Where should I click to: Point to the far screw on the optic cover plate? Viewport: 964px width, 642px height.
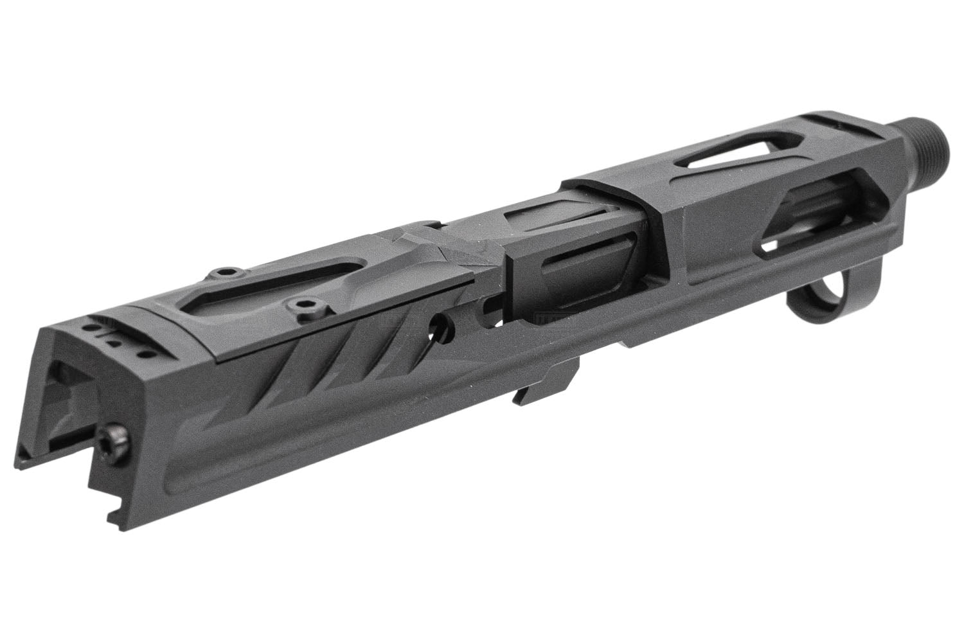point(220,272)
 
